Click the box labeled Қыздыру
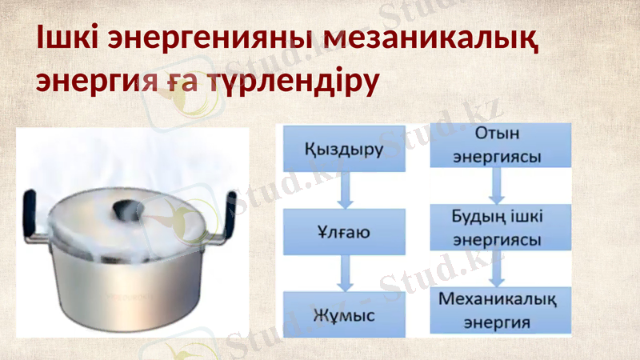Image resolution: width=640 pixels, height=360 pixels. pos(344,150)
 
